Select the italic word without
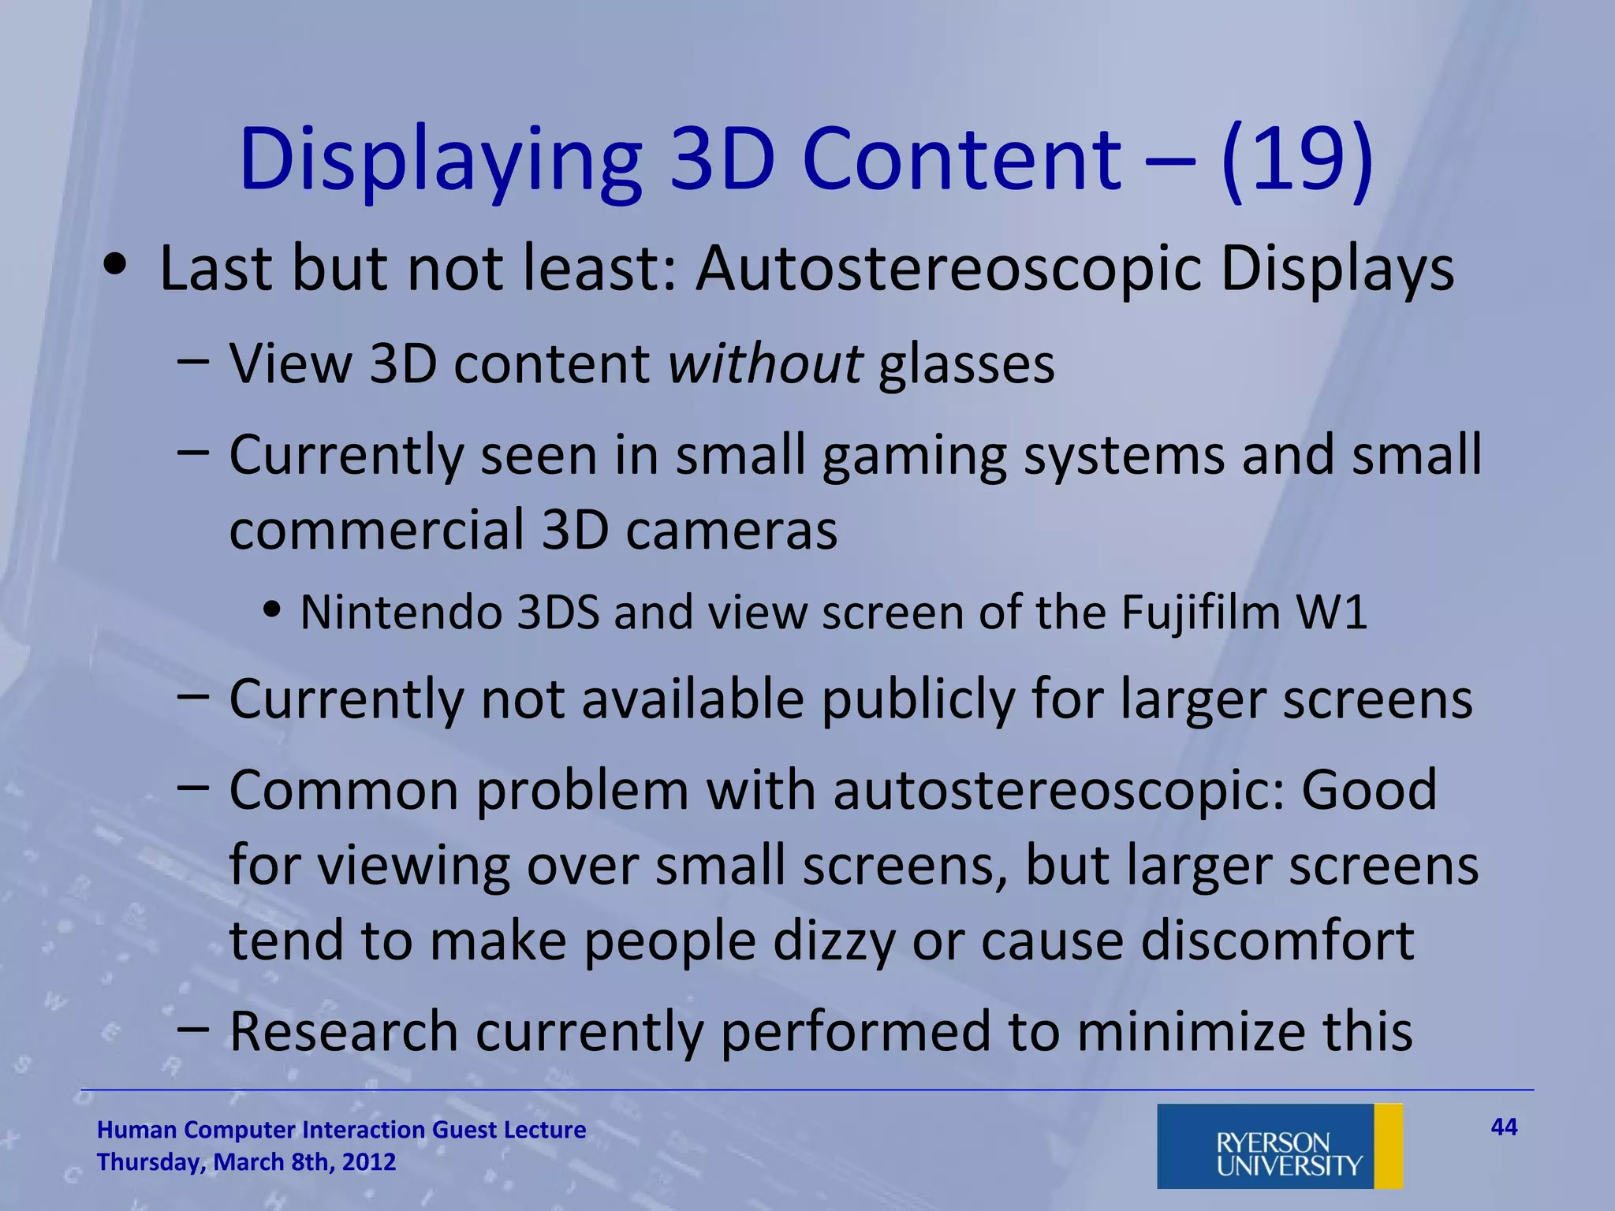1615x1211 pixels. coord(765,364)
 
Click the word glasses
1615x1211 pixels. coord(966,366)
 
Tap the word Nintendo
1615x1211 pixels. coord(401,613)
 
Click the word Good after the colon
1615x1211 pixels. coord(1369,791)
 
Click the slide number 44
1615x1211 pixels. coord(1504,1127)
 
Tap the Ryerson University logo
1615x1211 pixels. coord(1279,1146)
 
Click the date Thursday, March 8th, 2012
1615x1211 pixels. coord(246,1162)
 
